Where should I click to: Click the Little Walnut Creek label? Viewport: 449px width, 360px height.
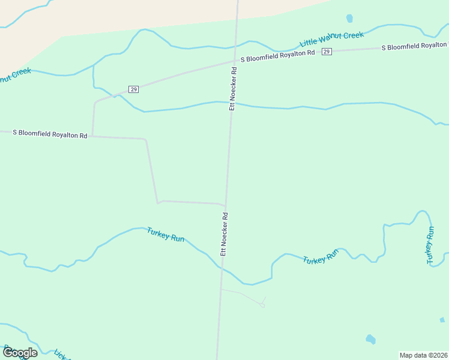(332, 39)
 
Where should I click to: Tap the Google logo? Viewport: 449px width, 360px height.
(19, 352)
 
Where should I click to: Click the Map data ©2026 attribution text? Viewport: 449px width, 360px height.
(424, 355)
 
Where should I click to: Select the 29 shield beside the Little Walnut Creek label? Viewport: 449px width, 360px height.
(326, 52)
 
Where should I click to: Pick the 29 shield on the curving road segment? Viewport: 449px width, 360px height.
(133, 89)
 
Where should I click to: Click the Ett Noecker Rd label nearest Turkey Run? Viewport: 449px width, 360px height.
(224, 234)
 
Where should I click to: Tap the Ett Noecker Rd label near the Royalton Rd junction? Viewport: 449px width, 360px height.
(233, 88)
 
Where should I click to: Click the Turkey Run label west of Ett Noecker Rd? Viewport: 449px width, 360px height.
(165, 235)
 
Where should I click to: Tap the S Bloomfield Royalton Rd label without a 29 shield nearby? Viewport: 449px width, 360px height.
(50, 134)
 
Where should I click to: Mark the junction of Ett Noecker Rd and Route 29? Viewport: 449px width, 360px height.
(235, 61)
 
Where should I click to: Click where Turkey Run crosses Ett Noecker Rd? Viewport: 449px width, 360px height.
(220, 268)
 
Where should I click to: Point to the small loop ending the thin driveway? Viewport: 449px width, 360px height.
(262, 305)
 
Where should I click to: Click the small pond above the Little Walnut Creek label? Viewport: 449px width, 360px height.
(349, 19)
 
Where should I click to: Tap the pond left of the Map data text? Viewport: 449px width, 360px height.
(370, 339)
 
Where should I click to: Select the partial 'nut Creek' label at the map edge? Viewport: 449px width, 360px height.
(14, 75)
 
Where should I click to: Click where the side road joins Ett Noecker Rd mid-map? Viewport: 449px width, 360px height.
(226, 205)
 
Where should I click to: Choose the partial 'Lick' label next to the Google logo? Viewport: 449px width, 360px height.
(61, 355)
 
